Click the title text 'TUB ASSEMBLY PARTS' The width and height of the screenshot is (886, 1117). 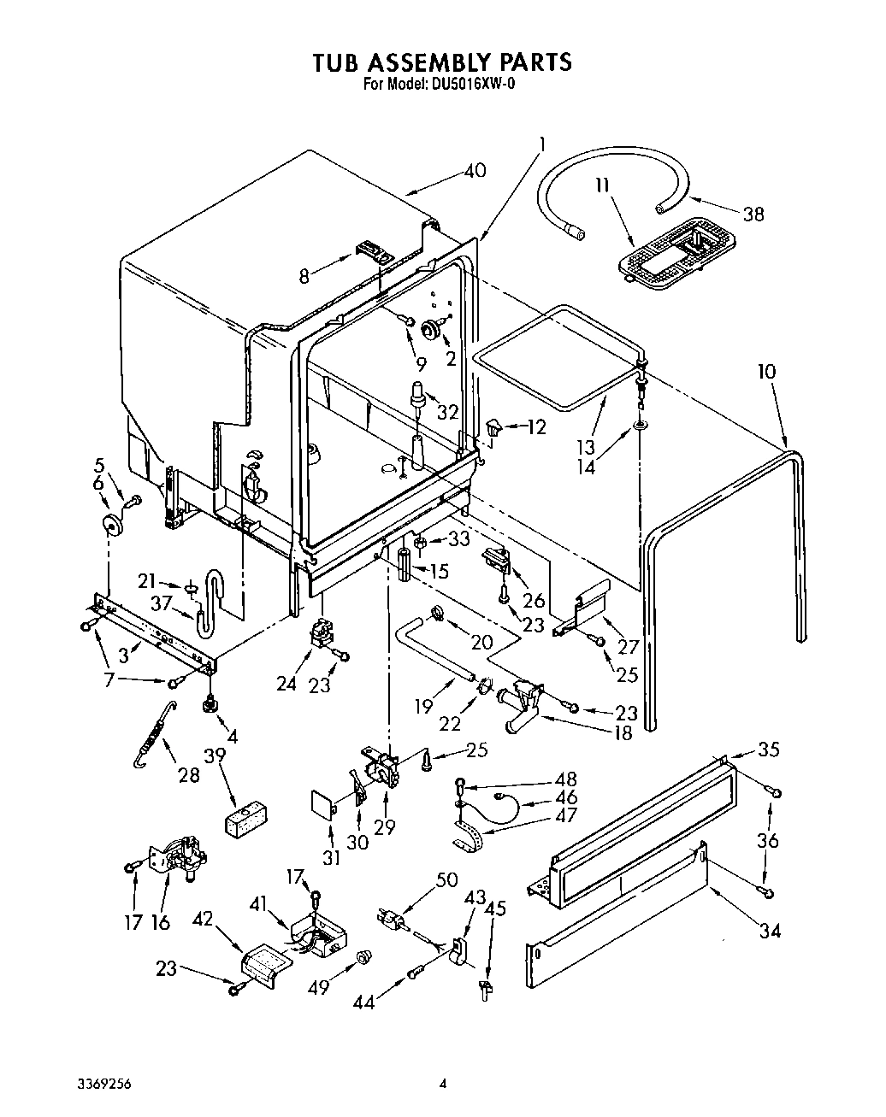click(441, 62)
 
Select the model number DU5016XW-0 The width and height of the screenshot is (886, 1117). click(467, 84)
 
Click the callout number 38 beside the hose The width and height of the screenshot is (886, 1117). click(753, 215)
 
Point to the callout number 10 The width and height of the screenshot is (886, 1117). click(766, 372)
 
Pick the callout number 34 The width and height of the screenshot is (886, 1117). click(770, 931)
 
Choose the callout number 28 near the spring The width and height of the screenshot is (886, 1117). click(188, 774)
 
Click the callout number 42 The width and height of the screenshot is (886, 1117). click(202, 919)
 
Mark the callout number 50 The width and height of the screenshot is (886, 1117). click(446, 880)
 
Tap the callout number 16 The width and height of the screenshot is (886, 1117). click(161, 922)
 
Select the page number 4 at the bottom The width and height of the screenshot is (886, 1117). click(442, 1085)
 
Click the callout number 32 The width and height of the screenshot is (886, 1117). click(447, 410)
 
